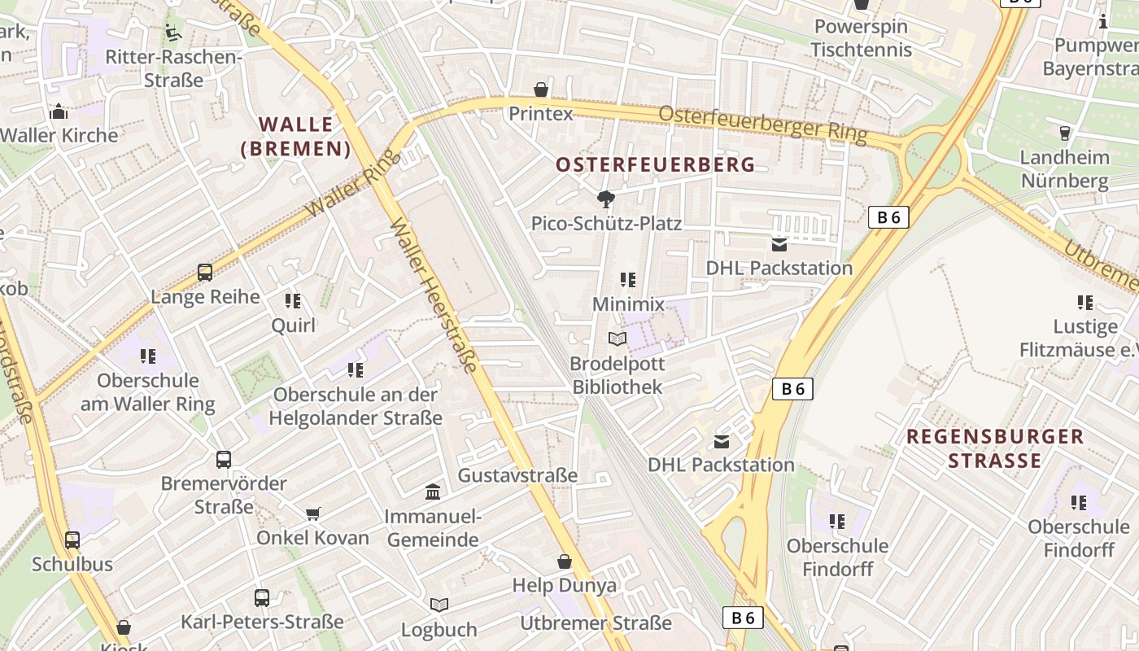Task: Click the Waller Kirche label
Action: (x=61, y=135)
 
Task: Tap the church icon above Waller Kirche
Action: (x=58, y=111)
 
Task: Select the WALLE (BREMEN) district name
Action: (x=296, y=137)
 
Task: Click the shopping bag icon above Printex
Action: (x=541, y=90)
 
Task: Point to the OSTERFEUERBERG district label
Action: (x=656, y=164)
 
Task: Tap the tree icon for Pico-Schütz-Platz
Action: (x=605, y=199)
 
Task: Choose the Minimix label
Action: (x=628, y=304)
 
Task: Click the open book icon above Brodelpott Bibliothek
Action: (x=618, y=339)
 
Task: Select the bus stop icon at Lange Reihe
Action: (x=205, y=273)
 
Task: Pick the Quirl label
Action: (x=293, y=325)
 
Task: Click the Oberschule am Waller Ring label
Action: (x=148, y=392)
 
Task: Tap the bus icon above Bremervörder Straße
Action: (x=224, y=460)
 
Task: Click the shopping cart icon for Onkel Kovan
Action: (x=313, y=513)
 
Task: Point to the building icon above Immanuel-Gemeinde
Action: (x=433, y=492)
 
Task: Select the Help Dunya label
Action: (x=565, y=585)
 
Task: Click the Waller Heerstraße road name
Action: (x=434, y=296)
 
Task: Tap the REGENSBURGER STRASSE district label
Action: (x=995, y=448)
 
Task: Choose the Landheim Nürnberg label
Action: (x=1064, y=168)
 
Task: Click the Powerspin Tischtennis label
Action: (x=862, y=37)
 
